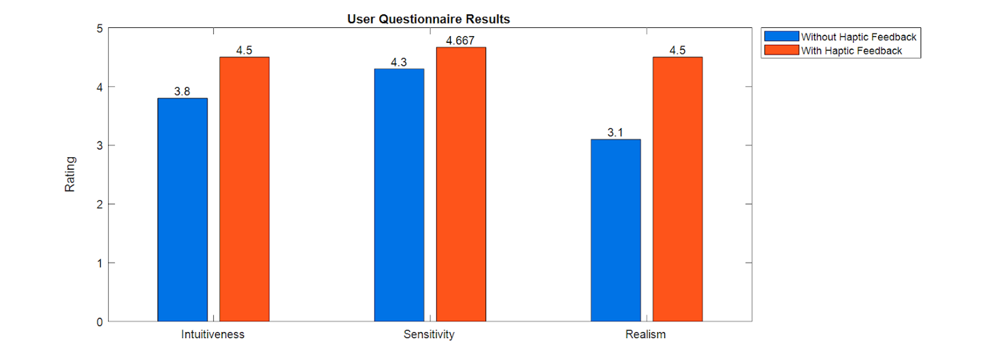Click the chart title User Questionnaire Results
click(x=428, y=19)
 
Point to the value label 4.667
click(x=460, y=41)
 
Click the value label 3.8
click(x=182, y=92)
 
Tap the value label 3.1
click(x=615, y=133)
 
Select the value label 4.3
click(x=399, y=63)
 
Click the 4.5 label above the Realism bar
click(x=677, y=50)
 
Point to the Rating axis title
click(x=70, y=175)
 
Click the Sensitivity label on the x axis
click(x=429, y=335)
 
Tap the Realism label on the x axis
click(x=645, y=335)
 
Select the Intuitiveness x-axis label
click(x=213, y=335)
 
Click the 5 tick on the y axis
click(x=99, y=29)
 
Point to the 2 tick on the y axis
click(x=99, y=204)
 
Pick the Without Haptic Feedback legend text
click(x=858, y=37)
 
